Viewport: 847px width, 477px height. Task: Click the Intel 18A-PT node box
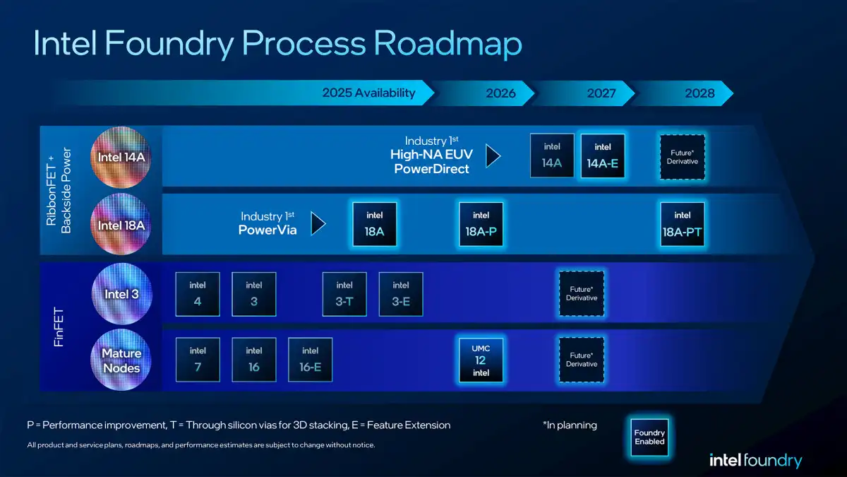[682, 224]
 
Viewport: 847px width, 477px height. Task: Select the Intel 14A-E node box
[603, 156]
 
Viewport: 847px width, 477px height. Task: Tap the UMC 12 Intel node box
[481, 360]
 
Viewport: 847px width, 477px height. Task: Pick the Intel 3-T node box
[344, 294]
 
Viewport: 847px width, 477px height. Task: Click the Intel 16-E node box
[310, 360]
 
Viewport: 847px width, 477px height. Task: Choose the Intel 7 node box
[198, 360]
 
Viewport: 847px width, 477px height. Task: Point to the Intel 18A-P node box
[481, 224]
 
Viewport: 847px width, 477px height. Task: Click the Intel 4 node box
[198, 294]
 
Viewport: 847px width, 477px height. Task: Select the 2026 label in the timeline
[500, 93]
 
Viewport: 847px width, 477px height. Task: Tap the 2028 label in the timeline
[699, 93]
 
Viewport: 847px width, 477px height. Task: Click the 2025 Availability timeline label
[368, 93]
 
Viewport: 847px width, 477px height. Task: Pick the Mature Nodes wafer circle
[121, 360]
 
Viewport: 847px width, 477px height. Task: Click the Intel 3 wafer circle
[121, 293]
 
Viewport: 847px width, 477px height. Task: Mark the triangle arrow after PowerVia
[318, 224]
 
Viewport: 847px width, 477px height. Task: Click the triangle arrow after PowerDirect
[493, 156]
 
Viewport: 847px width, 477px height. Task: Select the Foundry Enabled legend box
[649, 437]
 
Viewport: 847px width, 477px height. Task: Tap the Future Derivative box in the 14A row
[682, 156]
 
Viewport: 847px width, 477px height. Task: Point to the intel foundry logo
[755, 461]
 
